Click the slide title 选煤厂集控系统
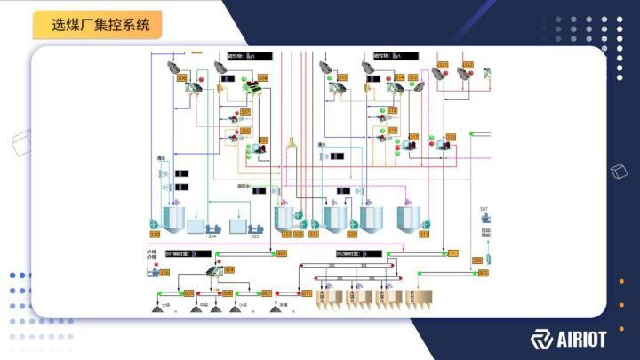(x=98, y=25)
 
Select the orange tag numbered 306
(x=182, y=78)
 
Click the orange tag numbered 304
(x=262, y=78)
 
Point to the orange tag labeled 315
(x=342, y=78)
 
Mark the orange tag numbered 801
(x=282, y=254)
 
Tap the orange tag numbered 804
(x=229, y=269)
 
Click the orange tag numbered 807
(x=267, y=292)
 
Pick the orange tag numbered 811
(x=307, y=292)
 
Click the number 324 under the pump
(x=212, y=236)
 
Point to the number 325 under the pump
(x=254, y=236)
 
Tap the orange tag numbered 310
(x=156, y=235)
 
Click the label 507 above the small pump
(x=484, y=210)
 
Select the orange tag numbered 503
(x=483, y=273)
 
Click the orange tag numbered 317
(x=413, y=137)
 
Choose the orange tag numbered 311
(x=424, y=235)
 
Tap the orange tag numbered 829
(x=164, y=273)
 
